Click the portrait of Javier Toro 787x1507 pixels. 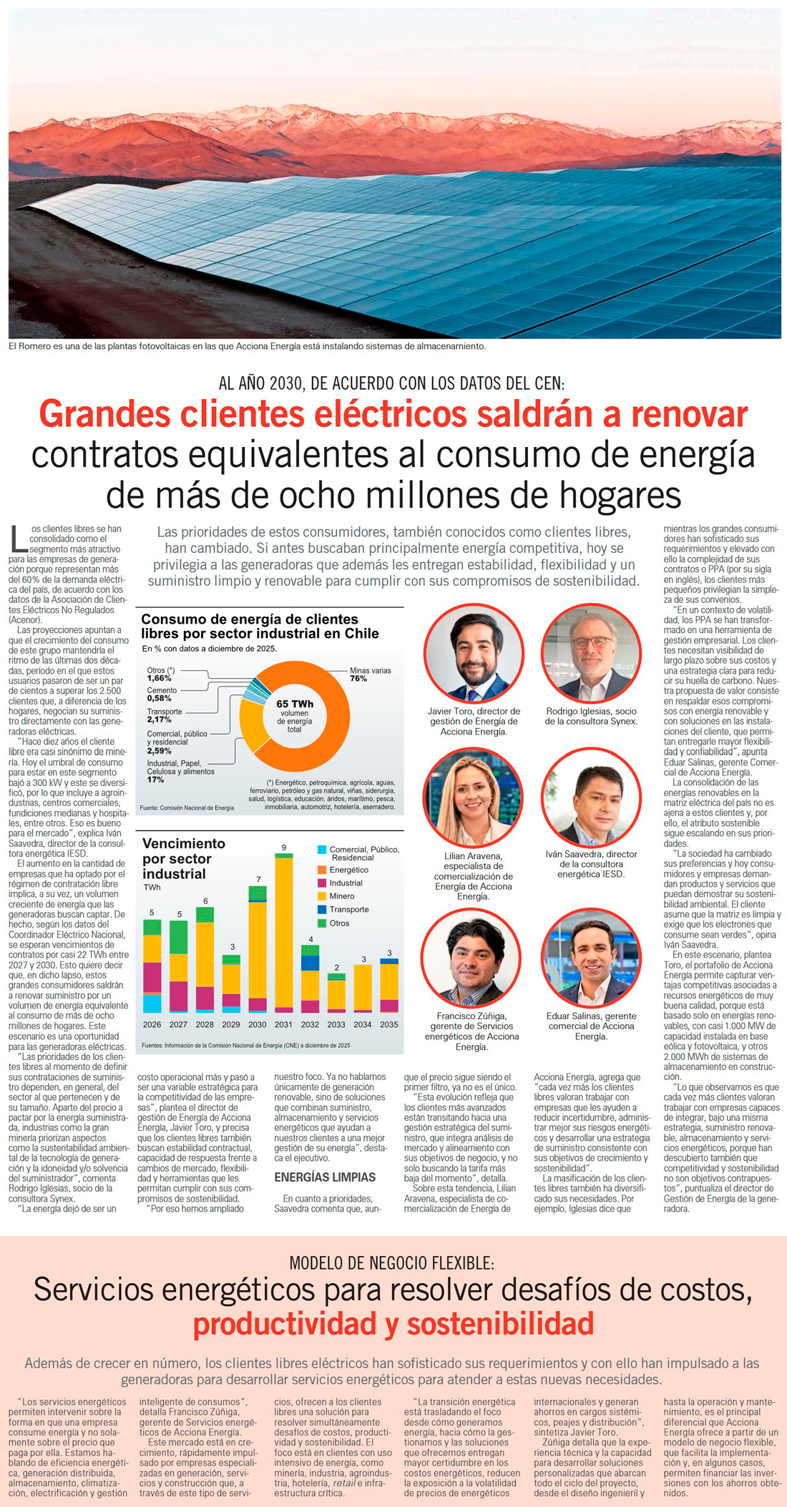pyautogui.click(x=474, y=654)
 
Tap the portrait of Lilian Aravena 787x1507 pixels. pyautogui.click(x=474, y=797)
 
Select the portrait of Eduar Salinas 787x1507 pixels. pyautogui.click(x=592, y=958)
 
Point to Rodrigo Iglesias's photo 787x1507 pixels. pyautogui.click(x=592, y=654)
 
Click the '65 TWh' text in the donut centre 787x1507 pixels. pyautogui.click(x=295, y=704)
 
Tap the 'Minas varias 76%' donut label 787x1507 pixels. pyautogui.click(x=371, y=674)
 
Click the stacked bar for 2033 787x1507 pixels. pyautogui.click(x=336, y=993)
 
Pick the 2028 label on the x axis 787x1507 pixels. pyautogui.click(x=205, y=1024)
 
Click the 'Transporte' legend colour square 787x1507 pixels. pyautogui.click(x=322, y=909)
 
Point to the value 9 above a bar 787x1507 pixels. pyautogui.click(x=284, y=848)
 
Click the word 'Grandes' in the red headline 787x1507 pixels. pyautogui.click(x=104, y=414)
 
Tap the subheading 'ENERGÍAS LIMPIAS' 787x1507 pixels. pyautogui.click(x=325, y=1177)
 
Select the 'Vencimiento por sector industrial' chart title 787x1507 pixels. pyautogui.click(x=184, y=858)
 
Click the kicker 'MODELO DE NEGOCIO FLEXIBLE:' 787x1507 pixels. pyautogui.click(x=392, y=1263)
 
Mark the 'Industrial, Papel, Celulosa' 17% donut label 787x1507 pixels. pyautogui.click(x=181, y=771)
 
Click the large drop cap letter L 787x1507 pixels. pyautogui.click(x=19, y=539)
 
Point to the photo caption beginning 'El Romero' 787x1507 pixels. pyautogui.click(x=248, y=346)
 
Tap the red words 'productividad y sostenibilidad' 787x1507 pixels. pyautogui.click(x=393, y=1323)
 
